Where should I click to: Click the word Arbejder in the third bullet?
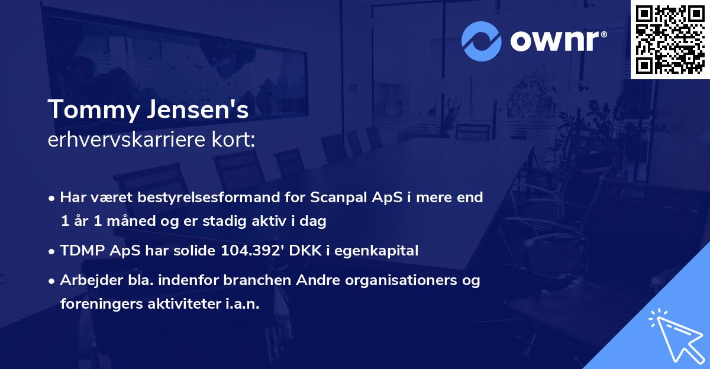85,280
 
